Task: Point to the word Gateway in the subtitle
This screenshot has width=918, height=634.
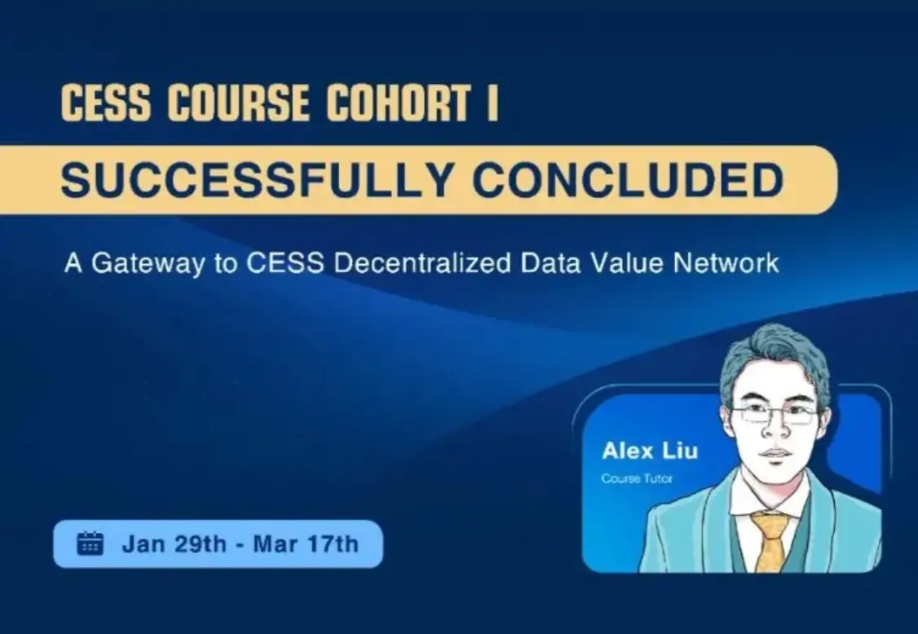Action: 142,264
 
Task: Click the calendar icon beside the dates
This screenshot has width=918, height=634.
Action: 90,544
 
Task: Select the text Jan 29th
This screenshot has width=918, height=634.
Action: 174,544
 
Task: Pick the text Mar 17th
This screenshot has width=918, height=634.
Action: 306,544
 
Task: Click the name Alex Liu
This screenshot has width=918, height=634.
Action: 638,451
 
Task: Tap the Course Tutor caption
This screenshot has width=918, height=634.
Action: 637,478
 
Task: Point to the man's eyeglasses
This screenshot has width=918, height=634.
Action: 775,415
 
